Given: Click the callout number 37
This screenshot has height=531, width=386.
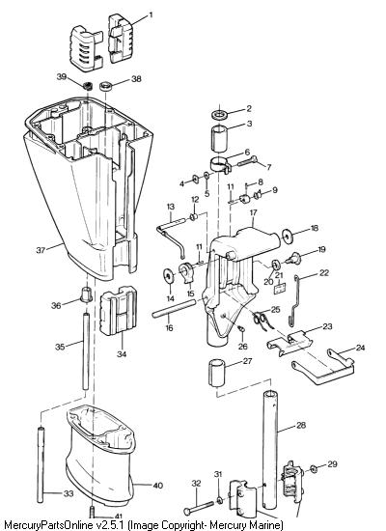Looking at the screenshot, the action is pyautogui.click(x=41, y=250).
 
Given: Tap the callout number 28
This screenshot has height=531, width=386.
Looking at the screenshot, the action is pyautogui.click(x=301, y=425).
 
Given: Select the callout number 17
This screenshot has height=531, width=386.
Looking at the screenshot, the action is pyautogui.click(x=253, y=212).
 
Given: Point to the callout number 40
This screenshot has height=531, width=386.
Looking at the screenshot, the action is pyautogui.click(x=158, y=486).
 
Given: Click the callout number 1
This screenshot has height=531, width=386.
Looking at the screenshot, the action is pyautogui.click(x=151, y=15).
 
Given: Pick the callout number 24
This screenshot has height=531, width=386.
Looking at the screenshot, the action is pyautogui.click(x=360, y=348).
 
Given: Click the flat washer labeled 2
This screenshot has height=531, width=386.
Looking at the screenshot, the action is pyautogui.click(x=220, y=114).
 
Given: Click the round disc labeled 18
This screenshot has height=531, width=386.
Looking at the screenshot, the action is pyautogui.click(x=288, y=237).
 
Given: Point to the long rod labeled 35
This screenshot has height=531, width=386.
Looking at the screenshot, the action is pyautogui.click(x=86, y=352).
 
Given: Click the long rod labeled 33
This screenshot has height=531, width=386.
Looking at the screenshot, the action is pyautogui.click(x=41, y=465).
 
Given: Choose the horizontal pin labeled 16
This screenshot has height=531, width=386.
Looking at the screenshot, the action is pyautogui.click(x=174, y=309).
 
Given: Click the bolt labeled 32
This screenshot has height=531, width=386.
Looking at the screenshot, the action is pyautogui.click(x=199, y=507).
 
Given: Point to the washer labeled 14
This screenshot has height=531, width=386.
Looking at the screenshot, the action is pyautogui.click(x=168, y=276).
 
